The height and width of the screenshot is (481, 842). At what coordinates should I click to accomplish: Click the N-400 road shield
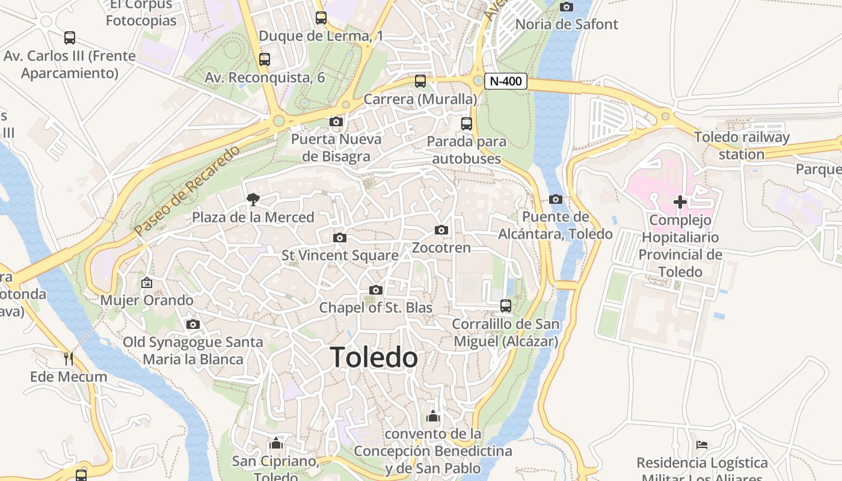coord(505,81)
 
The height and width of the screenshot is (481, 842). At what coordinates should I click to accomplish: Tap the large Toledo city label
coord(373,358)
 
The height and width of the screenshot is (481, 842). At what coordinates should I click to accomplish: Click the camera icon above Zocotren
coord(441,230)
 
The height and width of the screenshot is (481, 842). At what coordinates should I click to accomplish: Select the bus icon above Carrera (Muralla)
coord(420,81)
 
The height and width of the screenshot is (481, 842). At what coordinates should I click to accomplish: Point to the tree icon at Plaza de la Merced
coord(253,200)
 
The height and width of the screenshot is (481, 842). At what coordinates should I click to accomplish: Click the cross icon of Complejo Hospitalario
coord(680,202)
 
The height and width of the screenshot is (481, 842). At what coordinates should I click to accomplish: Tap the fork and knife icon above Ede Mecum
coord(69,359)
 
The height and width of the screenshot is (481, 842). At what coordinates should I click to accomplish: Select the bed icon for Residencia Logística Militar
coord(702,445)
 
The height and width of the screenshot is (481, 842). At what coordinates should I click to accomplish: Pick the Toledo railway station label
coord(742,146)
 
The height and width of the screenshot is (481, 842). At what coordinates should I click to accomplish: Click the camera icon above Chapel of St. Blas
coord(376,290)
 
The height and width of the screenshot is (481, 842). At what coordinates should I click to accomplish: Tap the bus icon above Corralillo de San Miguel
coord(506,306)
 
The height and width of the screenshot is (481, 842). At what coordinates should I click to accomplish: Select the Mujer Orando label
coord(147,300)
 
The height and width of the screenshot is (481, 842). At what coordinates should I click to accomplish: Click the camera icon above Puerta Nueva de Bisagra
coord(336,122)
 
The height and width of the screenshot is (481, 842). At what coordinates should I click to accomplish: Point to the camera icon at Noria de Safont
coord(566,7)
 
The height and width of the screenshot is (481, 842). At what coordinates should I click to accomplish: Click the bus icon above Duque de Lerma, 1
coord(321,18)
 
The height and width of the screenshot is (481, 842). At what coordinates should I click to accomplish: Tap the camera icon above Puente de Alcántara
coord(556,200)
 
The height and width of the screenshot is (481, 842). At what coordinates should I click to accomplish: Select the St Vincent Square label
coord(340,256)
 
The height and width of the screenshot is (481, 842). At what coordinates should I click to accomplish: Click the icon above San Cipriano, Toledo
coord(276,444)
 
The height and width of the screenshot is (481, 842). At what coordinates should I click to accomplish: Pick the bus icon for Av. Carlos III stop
coord(70,38)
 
